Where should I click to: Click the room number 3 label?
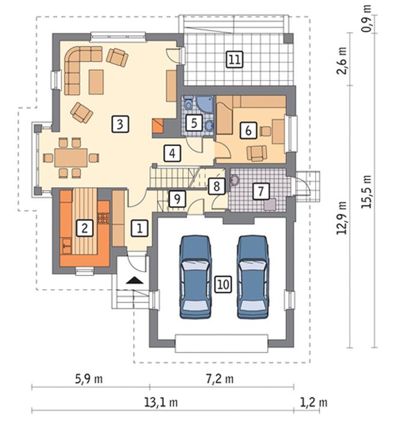120,124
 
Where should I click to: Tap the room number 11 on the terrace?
235,60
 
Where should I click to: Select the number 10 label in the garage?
223,284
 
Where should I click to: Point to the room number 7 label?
260,191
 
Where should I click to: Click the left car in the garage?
195,277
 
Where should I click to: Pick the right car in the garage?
253,277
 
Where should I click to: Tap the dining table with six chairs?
71,158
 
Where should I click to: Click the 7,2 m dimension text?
220,379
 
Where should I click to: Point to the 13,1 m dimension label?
161,402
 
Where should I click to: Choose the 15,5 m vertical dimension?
366,192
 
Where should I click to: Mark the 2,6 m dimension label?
342,61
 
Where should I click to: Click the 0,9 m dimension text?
366,18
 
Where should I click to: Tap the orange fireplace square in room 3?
158,126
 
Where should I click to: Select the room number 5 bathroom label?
194,123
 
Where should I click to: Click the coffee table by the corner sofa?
96,82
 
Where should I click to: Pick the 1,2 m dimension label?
313,402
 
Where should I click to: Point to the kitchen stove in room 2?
103,218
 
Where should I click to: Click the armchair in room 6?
257,153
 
